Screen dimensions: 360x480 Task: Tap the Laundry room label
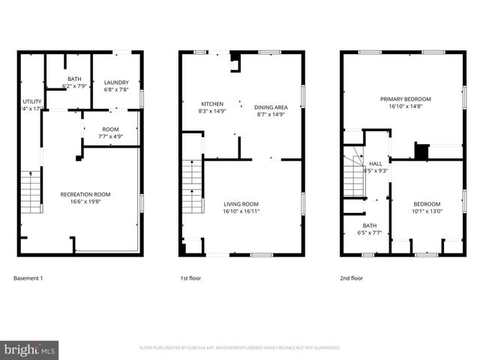116,82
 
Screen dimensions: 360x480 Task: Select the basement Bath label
73,79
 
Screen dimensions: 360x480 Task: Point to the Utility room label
31,100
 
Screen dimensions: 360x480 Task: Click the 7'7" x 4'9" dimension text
110,136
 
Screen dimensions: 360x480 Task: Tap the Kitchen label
211,104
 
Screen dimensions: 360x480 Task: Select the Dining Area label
271,107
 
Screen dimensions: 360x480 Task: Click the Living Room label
241,204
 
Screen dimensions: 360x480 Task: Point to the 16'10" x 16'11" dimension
241,211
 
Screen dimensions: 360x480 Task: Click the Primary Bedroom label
405,99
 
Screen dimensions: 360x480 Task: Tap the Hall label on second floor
375,163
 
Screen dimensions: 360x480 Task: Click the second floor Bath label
369,225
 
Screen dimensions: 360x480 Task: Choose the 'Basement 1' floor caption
28,278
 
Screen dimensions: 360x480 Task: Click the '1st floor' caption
190,278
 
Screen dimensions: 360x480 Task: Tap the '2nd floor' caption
352,278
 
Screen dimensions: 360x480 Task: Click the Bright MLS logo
30,349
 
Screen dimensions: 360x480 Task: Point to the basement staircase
30,190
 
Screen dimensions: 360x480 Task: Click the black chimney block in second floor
422,151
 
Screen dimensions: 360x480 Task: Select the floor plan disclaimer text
240,348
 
